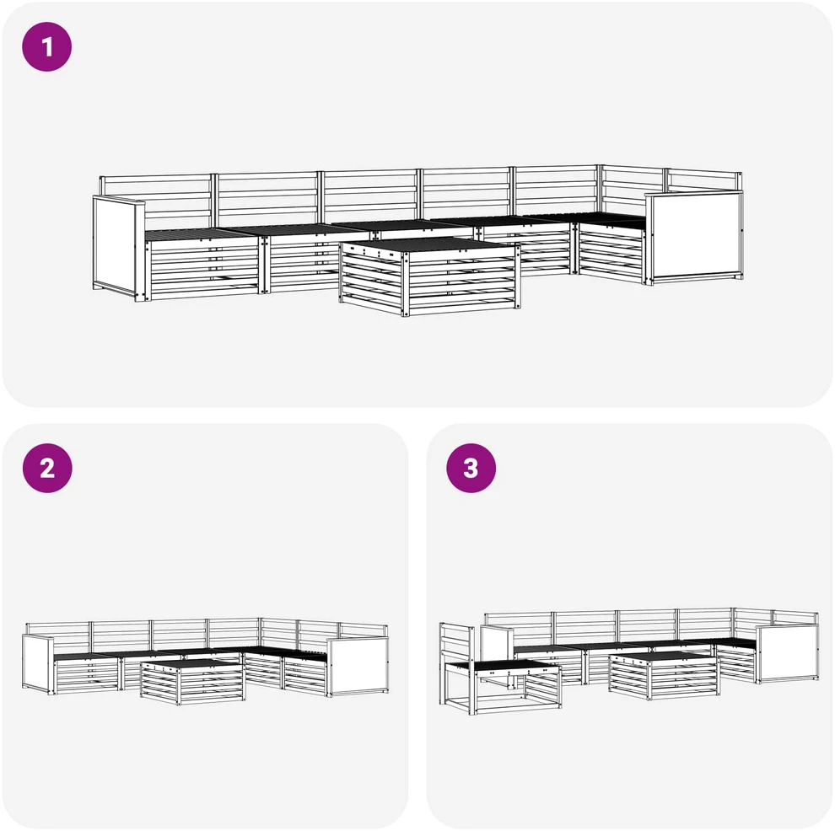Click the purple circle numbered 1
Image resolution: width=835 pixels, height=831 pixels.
[x=47, y=47]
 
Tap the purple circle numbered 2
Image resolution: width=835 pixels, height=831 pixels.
[x=47, y=468]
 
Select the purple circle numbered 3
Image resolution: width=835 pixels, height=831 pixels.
[x=471, y=468]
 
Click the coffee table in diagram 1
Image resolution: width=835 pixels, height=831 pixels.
[x=430, y=276]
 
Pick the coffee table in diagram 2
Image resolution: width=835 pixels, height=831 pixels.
[x=193, y=682]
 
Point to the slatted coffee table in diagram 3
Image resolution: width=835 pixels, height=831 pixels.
[x=664, y=675]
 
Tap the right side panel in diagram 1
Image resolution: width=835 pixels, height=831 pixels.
[x=694, y=238]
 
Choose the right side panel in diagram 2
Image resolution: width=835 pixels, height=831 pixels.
[x=358, y=667]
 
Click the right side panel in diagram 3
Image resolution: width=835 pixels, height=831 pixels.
[x=787, y=654]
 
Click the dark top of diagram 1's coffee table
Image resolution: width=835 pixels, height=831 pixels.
[x=429, y=245]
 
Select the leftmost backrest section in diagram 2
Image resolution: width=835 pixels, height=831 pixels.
[x=58, y=630]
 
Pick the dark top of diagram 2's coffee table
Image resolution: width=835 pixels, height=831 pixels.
[x=191, y=663]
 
